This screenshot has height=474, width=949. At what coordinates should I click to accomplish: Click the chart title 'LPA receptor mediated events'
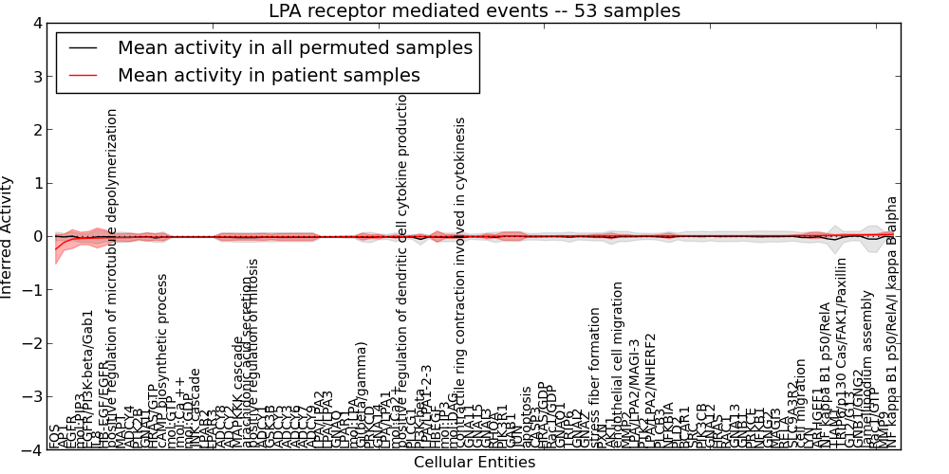[x=474, y=11]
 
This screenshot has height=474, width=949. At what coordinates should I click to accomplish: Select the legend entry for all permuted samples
[x=294, y=46]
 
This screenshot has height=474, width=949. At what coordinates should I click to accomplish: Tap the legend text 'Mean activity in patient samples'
[x=269, y=75]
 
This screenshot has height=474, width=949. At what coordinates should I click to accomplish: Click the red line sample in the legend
[x=84, y=75]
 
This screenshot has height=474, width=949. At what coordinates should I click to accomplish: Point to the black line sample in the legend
[x=84, y=46]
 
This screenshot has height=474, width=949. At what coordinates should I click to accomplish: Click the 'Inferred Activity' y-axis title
[x=9, y=237]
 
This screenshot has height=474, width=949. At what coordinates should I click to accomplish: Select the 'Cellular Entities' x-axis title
[x=474, y=463]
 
